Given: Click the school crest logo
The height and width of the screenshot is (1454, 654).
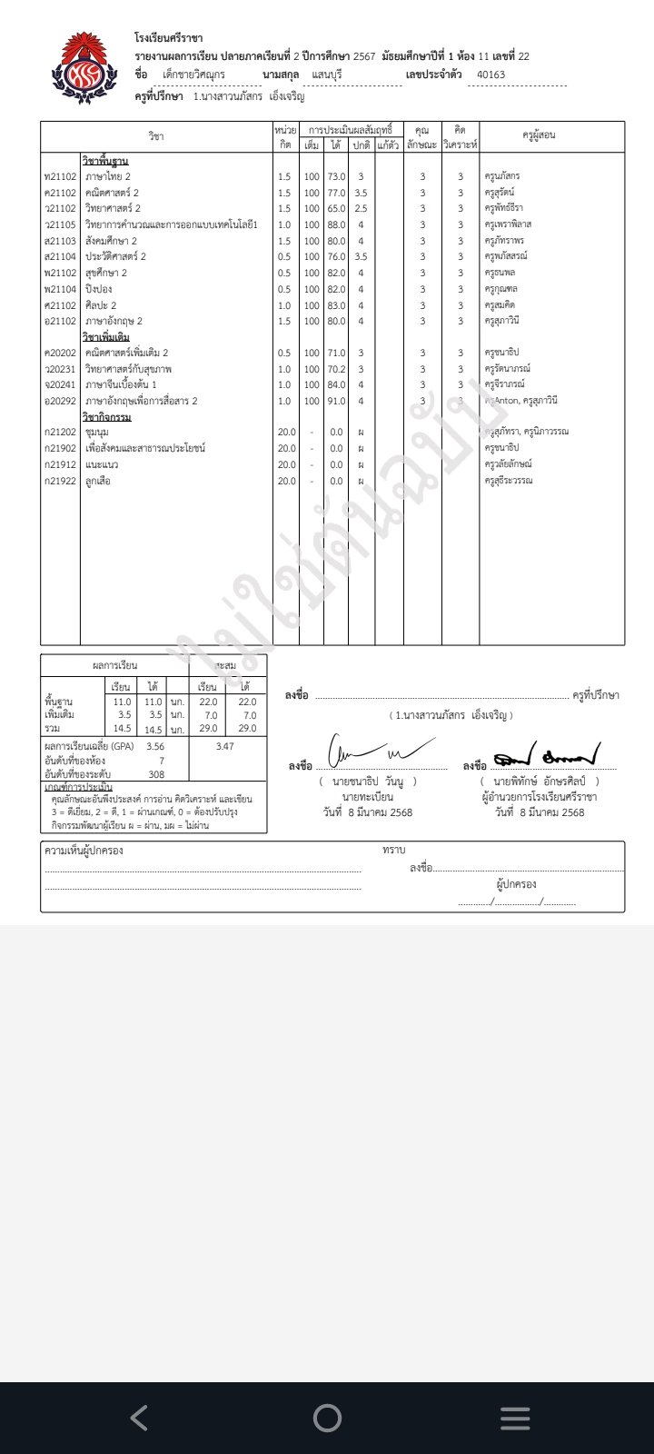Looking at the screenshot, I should [84, 69].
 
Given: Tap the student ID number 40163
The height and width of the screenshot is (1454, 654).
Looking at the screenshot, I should [490, 75].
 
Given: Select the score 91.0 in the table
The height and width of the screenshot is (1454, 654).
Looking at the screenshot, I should [336, 401].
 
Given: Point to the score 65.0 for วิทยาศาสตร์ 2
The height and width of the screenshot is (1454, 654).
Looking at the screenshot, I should [336, 208].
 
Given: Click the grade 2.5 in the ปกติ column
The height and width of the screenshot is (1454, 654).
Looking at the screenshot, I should [361, 208].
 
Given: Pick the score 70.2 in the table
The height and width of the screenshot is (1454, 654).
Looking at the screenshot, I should [336, 369].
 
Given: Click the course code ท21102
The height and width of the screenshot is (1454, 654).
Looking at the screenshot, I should [60, 176].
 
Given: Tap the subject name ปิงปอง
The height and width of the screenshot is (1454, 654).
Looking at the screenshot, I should [99, 289].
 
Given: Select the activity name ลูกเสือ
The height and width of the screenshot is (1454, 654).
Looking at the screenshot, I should [98, 481].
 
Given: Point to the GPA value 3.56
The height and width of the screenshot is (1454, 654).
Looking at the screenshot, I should [155, 746].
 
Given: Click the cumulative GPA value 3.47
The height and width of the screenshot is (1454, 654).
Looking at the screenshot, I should [224, 746].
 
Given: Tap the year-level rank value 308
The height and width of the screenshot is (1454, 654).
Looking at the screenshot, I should [156, 774].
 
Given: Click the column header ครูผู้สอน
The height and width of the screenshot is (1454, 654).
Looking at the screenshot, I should [539, 135].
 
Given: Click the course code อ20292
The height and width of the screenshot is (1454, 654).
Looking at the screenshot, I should [60, 401].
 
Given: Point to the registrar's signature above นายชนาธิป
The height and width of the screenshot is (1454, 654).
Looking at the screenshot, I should [373, 753].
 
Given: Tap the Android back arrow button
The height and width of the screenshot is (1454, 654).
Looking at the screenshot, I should [139, 1417].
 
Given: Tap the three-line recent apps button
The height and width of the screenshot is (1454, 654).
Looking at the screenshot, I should [515, 1418].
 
